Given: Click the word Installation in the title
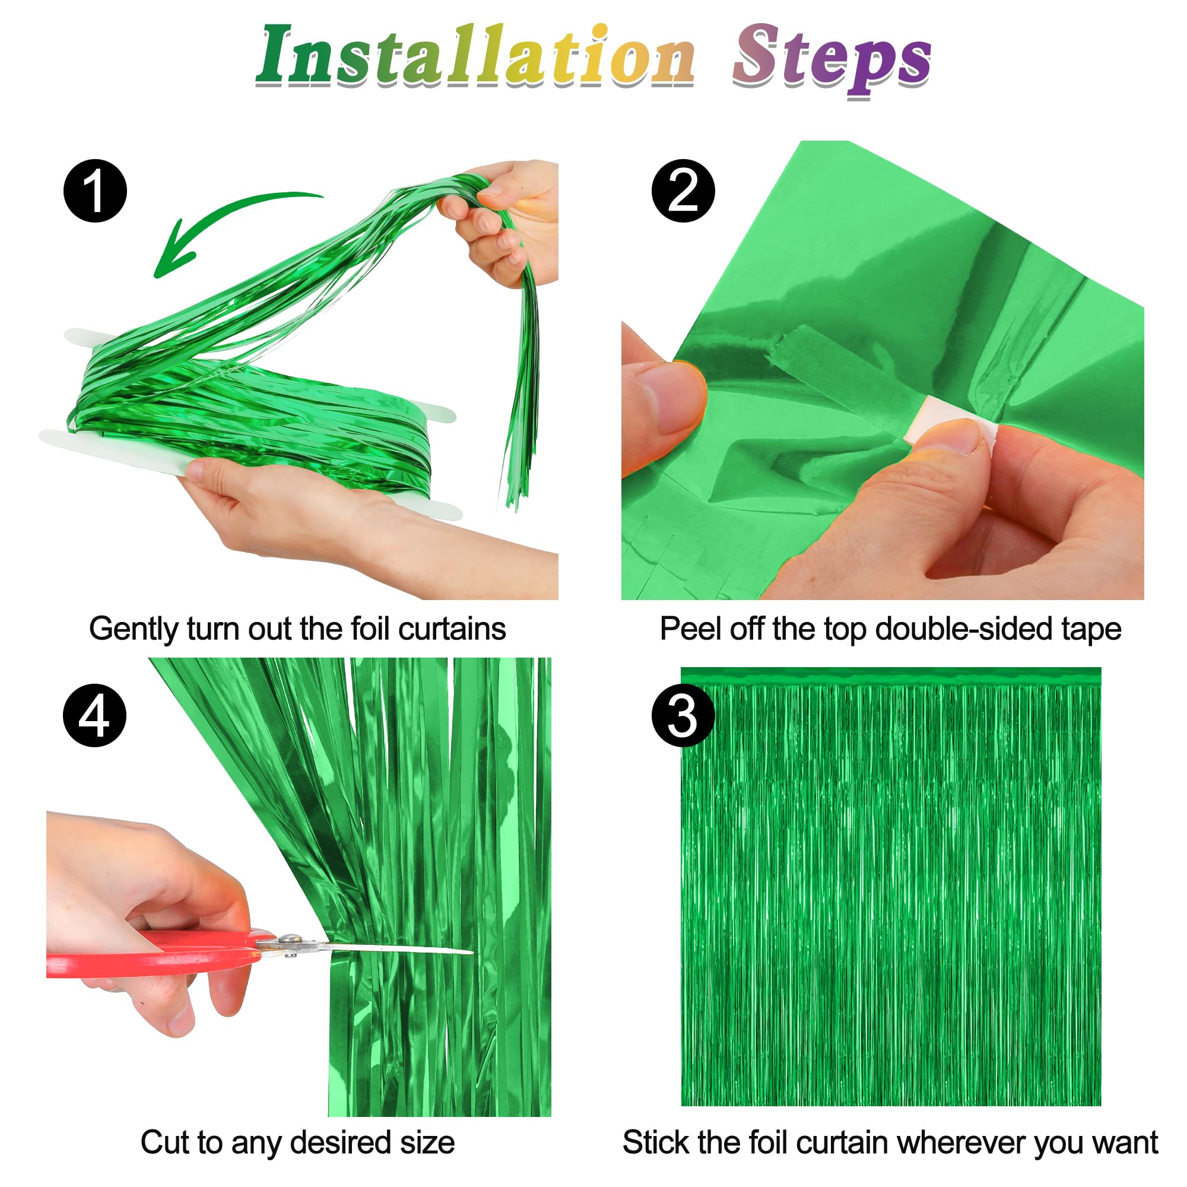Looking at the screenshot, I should coord(476,56).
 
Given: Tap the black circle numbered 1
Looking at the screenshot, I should coord(95,191).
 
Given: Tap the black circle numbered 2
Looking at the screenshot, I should coord(683,191).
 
